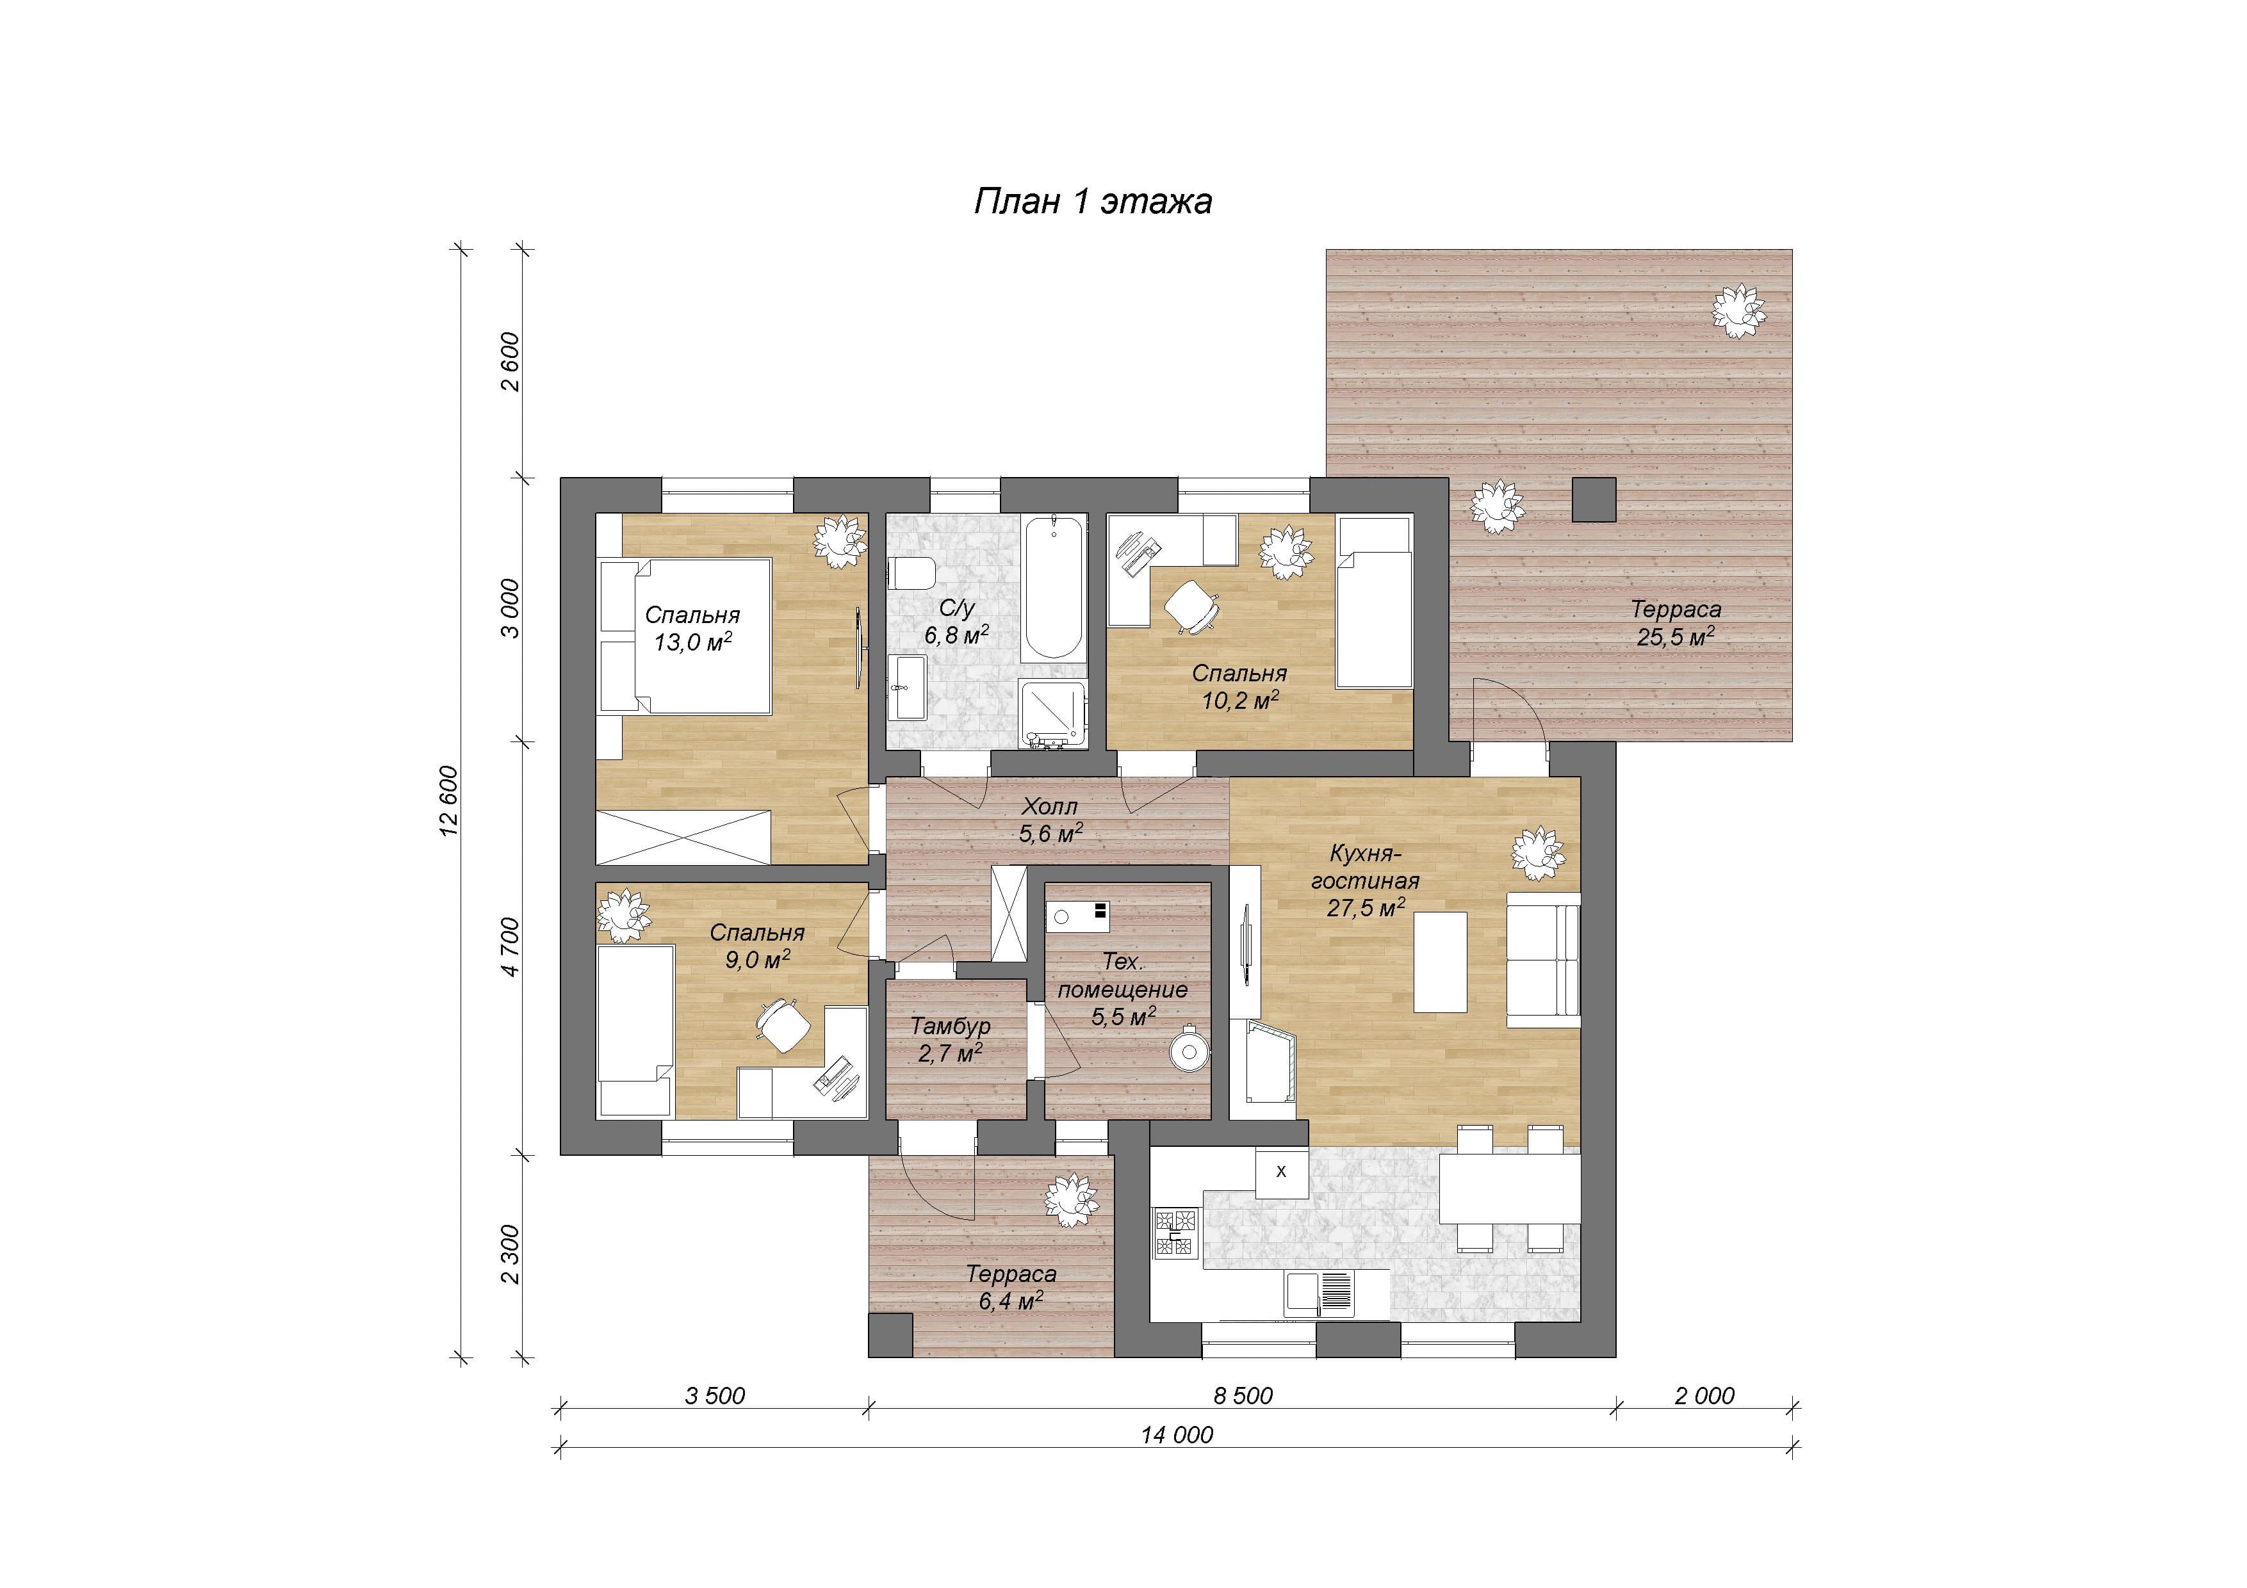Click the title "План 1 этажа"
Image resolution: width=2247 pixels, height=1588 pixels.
pos(1092,200)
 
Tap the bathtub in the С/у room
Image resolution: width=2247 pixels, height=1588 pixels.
pos(1054,587)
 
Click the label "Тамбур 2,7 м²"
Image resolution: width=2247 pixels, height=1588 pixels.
pos(951,1040)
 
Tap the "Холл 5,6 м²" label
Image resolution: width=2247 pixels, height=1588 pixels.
pos(1050,820)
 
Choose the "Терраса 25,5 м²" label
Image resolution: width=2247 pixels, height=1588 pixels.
pos(1676,623)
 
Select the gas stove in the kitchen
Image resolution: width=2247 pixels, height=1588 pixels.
pos(1177,1233)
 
